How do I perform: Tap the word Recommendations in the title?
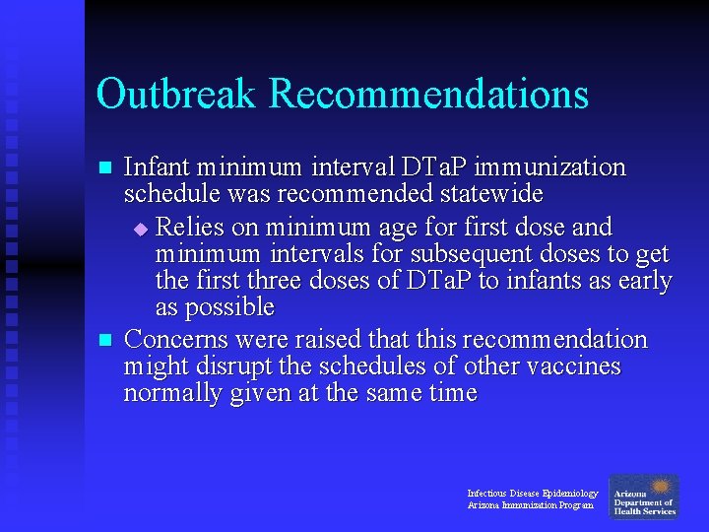[428, 95]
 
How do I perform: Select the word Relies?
[190, 228]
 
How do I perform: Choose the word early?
[642, 281]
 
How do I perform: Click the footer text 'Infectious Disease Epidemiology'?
[532, 493]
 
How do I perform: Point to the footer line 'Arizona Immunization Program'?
[530, 505]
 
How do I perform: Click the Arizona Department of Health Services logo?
[644, 498]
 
